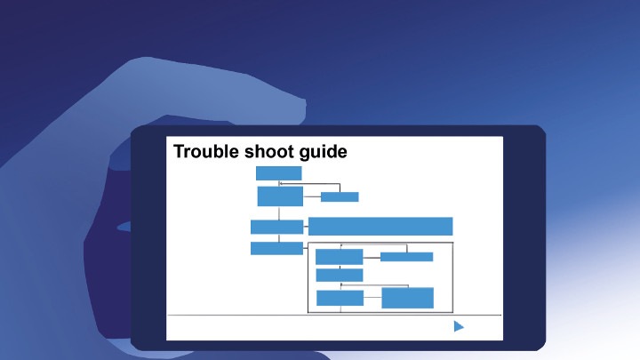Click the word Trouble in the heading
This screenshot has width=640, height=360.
click(x=206, y=151)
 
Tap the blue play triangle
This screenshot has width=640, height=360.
click(x=459, y=326)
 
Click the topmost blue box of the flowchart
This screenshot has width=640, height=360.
click(x=279, y=173)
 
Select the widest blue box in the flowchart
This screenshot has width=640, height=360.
click(x=380, y=226)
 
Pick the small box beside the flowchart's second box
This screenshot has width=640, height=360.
click(x=340, y=196)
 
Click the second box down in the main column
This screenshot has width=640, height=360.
click(x=280, y=196)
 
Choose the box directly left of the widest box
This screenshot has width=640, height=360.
click(x=276, y=227)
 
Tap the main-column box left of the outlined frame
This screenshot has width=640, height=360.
click(x=276, y=248)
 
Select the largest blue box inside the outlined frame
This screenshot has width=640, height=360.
click(x=407, y=298)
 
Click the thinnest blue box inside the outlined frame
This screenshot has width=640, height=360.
click(x=406, y=257)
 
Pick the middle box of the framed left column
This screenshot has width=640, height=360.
click(x=340, y=275)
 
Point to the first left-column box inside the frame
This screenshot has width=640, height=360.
click(x=340, y=257)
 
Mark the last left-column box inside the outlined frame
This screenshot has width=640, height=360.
click(x=340, y=298)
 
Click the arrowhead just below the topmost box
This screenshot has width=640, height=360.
click(x=280, y=184)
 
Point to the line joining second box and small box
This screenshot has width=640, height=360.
click(x=312, y=196)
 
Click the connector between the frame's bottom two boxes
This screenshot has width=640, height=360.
click(x=372, y=298)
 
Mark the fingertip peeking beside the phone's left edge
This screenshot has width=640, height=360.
click(x=124, y=227)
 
